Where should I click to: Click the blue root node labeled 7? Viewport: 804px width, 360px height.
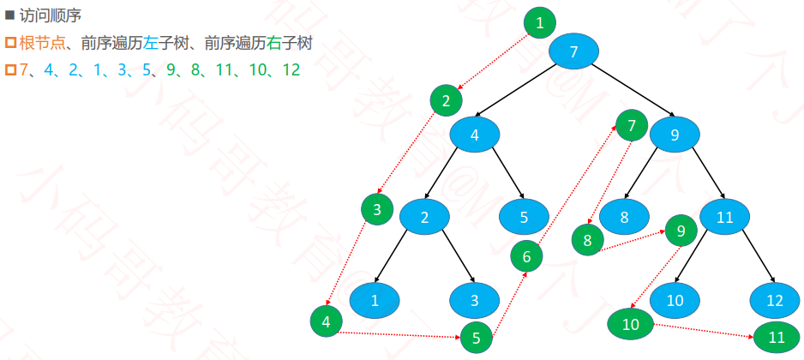coord(573,51)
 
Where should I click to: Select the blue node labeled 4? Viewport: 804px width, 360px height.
coord(475,135)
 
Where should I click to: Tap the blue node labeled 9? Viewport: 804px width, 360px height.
coord(675,135)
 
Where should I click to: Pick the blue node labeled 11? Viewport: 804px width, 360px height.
coord(724,218)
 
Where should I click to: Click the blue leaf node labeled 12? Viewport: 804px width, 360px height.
coord(775,301)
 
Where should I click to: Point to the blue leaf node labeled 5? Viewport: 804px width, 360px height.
coord(524,218)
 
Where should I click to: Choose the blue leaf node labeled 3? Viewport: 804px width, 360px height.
coord(475,301)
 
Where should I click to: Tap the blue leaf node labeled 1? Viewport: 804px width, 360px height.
coord(375,301)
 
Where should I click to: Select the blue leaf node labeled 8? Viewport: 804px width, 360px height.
coord(624,218)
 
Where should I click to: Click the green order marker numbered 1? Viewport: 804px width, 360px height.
coord(539,22)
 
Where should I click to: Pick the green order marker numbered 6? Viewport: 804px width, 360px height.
coord(526,257)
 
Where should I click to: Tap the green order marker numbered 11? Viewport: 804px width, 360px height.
coord(777,337)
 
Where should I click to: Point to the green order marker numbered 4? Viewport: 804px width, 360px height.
coord(326,322)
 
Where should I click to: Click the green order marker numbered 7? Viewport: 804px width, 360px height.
coord(631,125)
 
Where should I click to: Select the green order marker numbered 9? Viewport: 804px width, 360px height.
coord(681,231)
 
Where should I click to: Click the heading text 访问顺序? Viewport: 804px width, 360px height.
coord(51,16)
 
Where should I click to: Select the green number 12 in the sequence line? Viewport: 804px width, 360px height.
coord(291,70)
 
